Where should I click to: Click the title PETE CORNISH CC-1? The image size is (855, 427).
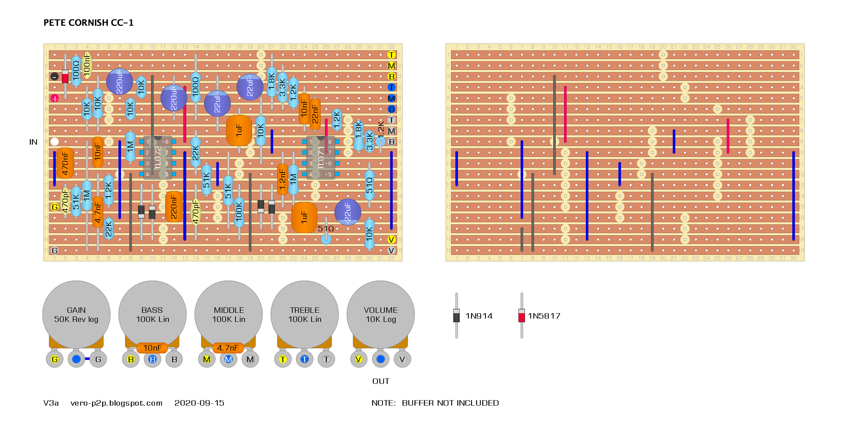pyautogui.click(x=88, y=23)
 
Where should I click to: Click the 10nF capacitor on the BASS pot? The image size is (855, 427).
pyautogui.click(x=152, y=348)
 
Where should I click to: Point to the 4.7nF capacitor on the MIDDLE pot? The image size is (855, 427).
pyautogui.click(x=228, y=348)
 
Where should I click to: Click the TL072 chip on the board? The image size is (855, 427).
pyautogui.click(x=158, y=158)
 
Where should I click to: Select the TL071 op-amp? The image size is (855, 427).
pyautogui.click(x=321, y=158)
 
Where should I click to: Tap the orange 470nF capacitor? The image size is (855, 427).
pyautogui.click(x=65, y=163)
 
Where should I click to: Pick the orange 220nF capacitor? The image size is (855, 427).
pyautogui.click(x=174, y=207)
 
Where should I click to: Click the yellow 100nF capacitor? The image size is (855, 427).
pyautogui.click(x=87, y=65)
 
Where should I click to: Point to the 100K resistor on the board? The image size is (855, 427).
pyautogui.click(x=239, y=212)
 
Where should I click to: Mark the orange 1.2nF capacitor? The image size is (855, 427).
pyautogui.click(x=283, y=179)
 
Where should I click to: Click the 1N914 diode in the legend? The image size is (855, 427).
pyautogui.click(x=456, y=316)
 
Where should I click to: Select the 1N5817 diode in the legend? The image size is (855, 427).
pyautogui.click(x=522, y=316)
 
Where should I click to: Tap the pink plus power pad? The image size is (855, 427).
pyautogui.click(x=55, y=98)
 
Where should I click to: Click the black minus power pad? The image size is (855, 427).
pyautogui.click(x=55, y=76)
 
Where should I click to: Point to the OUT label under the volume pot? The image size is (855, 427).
pyautogui.click(x=381, y=381)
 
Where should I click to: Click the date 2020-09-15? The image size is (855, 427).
pyautogui.click(x=199, y=403)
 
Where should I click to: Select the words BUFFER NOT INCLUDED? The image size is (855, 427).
pyautogui.click(x=450, y=403)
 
